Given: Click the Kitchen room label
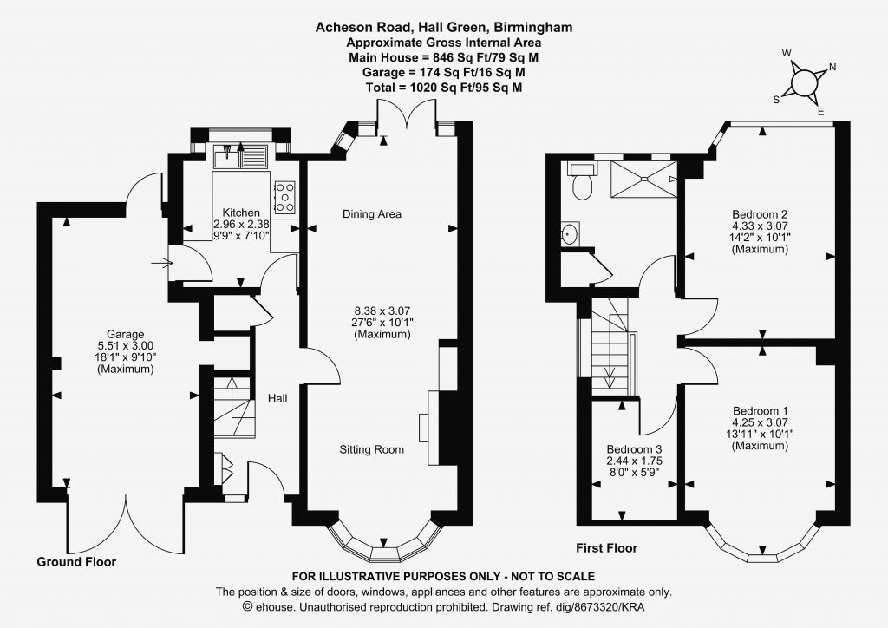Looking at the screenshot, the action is pyautogui.click(x=241, y=213).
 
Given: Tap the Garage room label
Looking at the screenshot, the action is pyautogui.click(x=125, y=334).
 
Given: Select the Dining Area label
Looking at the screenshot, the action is pyautogui.click(x=372, y=214).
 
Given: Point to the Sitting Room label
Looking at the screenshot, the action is pyautogui.click(x=372, y=449).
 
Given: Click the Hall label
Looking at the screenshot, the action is pyautogui.click(x=277, y=399).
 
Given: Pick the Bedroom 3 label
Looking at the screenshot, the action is pyautogui.click(x=634, y=449).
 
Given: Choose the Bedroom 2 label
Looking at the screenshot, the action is pyautogui.click(x=760, y=214).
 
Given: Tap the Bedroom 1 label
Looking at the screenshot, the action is pyautogui.click(x=760, y=411).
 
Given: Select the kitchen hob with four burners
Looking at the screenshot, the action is pyautogui.click(x=284, y=197).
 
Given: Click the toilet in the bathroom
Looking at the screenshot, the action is pyautogui.click(x=582, y=181).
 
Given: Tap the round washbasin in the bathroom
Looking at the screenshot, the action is pyautogui.click(x=569, y=234).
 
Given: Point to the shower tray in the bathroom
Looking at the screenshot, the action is pyautogui.click(x=644, y=180).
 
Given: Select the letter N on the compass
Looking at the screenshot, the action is pyautogui.click(x=832, y=67).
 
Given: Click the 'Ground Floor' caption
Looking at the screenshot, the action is pyautogui.click(x=76, y=562).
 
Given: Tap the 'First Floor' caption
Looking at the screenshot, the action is pyautogui.click(x=606, y=548).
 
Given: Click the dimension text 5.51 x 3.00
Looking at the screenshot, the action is pyautogui.click(x=125, y=346).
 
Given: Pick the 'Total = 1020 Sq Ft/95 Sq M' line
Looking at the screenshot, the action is pyautogui.click(x=444, y=88).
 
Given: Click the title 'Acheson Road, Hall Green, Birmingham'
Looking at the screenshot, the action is pyautogui.click(x=444, y=27).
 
